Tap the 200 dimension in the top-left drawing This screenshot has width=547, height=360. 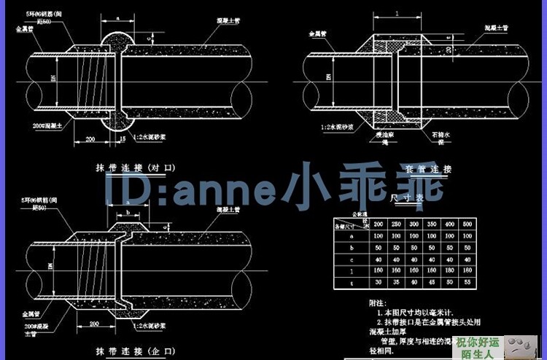point(92,138)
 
